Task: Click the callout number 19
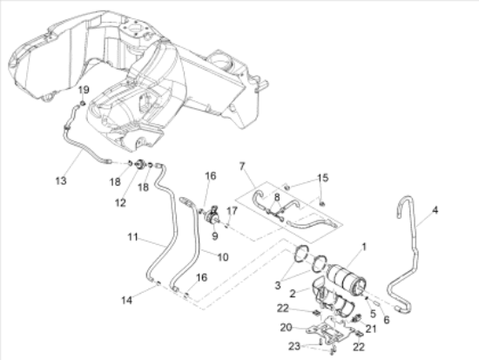[84, 90]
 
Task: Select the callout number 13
[61, 180]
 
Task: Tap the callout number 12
[120, 202]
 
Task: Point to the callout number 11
[132, 237]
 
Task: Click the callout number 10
[223, 257]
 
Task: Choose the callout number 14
[127, 301]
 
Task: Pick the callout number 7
[242, 166]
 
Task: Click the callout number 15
[323, 178]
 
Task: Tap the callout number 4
[435, 210]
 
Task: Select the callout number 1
[364, 247]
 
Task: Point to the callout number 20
[287, 328]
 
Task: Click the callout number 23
[294, 346]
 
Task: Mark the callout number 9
[215, 236]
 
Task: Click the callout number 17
[233, 211]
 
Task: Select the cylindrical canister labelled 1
[346, 278]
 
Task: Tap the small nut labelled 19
[83, 105]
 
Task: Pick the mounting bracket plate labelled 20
[331, 331]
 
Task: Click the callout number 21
[371, 329]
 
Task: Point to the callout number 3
[278, 285]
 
